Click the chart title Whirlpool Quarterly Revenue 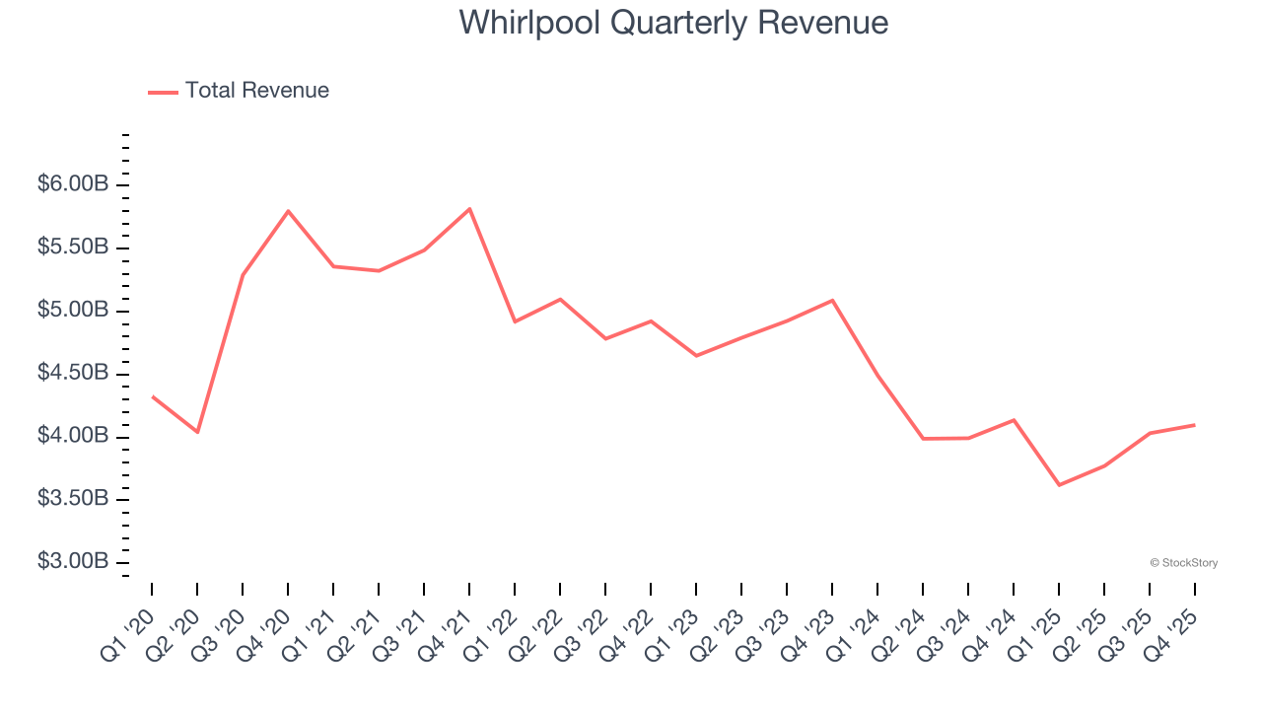click(x=673, y=23)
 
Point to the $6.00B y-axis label click(x=74, y=185)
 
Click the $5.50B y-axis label click(x=74, y=248)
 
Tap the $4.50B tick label click(x=74, y=374)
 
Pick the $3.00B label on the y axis click(x=74, y=562)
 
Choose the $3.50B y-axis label click(x=74, y=499)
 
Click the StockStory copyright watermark click(x=1183, y=563)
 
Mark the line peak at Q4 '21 click(x=469, y=209)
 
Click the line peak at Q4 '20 click(x=288, y=211)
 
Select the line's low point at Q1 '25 click(x=1059, y=485)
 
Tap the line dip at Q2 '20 click(x=197, y=432)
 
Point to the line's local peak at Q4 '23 click(x=832, y=300)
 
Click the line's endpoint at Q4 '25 click(x=1195, y=425)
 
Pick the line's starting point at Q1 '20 click(x=152, y=396)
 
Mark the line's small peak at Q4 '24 click(x=1014, y=420)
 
